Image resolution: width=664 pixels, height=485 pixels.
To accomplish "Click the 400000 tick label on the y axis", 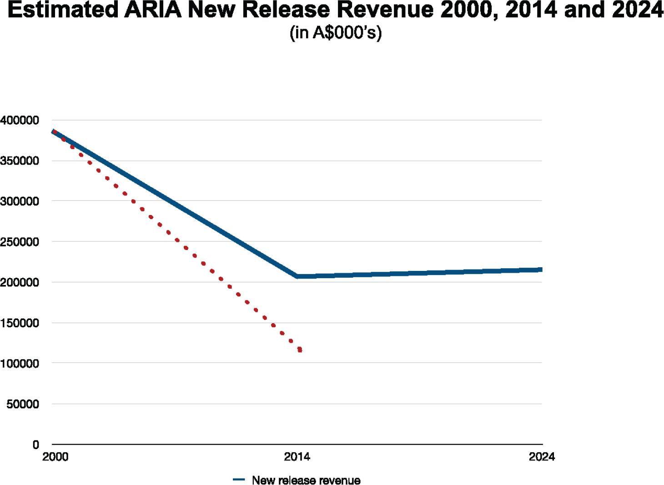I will (20, 120).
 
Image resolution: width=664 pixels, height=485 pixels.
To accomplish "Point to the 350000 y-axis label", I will (20, 161).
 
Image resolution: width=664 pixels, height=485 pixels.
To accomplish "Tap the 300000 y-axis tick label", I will (20, 201).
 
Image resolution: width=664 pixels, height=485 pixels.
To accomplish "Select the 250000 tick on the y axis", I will (20, 242).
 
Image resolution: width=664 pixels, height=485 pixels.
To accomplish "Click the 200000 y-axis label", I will (20, 282).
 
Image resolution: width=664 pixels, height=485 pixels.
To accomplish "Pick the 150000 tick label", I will (20, 323).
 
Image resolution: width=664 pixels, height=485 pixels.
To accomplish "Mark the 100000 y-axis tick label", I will (20, 364).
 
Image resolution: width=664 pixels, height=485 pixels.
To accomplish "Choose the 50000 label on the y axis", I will (22, 404).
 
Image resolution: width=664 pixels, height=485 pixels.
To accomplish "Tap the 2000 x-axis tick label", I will (55, 457).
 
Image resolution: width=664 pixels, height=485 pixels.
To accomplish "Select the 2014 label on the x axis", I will (297, 457).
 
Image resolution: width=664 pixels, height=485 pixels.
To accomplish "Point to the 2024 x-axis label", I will (542, 457).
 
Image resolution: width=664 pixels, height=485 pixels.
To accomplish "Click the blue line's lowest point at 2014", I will (297, 276).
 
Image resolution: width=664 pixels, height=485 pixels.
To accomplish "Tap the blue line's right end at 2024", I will (541, 270).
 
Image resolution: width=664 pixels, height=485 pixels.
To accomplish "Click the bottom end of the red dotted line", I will (300, 350).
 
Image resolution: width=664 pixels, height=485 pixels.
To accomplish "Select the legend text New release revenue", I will (306, 480).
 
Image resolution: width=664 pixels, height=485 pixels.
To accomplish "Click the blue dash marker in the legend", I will (239, 480).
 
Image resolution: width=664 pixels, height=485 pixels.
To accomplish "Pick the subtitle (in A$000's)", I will (335, 33).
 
